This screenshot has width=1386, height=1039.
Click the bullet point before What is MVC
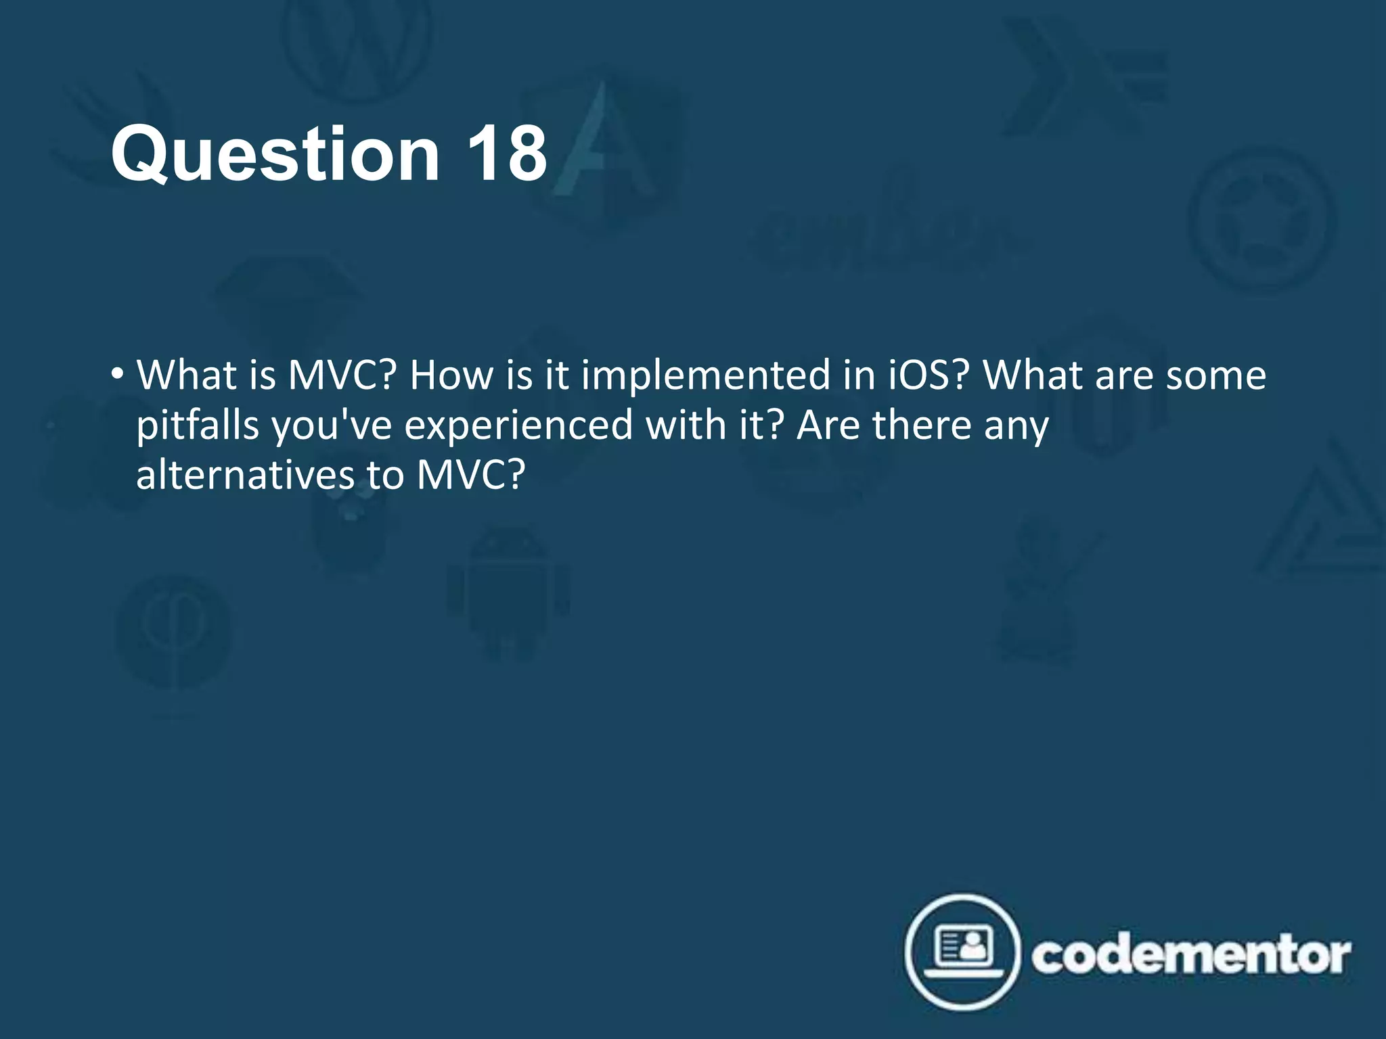coord(118,373)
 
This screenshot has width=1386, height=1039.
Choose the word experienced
coord(518,425)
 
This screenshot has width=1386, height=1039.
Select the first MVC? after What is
coord(342,375)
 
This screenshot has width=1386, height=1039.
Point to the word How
coord(451,375)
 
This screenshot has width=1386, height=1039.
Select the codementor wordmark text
coord(1191,955)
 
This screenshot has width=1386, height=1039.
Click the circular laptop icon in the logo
coord(962,952)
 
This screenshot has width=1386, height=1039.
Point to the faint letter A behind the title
coord(602,142)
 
